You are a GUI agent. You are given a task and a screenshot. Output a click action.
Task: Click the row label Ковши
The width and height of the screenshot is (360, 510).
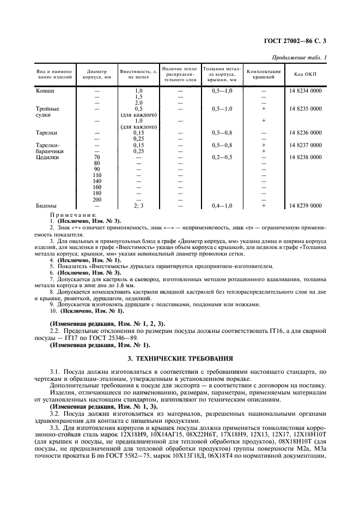coord(45,90)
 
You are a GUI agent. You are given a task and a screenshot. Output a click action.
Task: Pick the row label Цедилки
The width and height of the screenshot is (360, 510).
coord(47,157)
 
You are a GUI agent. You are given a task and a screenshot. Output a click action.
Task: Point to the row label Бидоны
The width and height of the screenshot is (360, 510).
coord(46,205)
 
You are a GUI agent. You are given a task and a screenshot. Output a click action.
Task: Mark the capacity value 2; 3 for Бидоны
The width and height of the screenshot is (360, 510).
coord(138,205)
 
